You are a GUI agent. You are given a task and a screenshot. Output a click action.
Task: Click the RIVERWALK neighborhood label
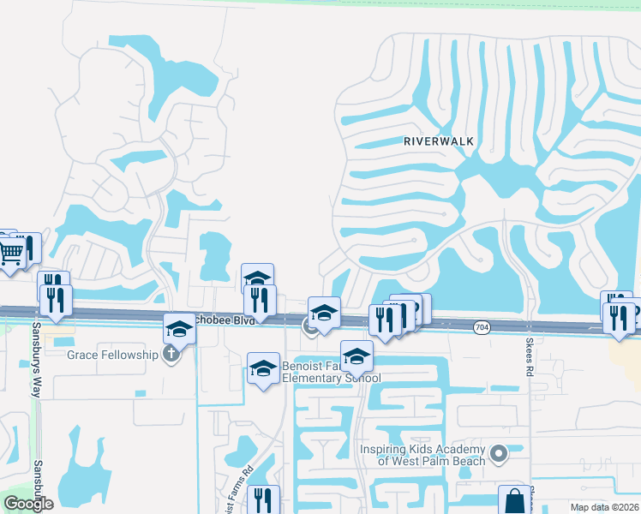point(439,143)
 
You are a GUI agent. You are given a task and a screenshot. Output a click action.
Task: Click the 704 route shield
point(482,326)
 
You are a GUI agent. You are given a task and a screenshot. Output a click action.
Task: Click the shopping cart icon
point(10,252)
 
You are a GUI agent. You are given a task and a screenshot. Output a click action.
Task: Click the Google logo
point(28,503)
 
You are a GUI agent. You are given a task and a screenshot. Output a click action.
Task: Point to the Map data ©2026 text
point(603,507)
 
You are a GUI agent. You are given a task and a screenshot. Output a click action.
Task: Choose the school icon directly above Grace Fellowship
point(180,329)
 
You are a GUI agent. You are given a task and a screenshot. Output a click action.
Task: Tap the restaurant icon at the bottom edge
point(263,500)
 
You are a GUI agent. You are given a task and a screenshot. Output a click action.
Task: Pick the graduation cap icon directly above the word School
point(356,356)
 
